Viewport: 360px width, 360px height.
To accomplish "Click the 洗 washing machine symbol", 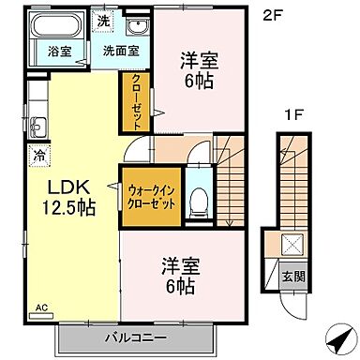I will (x=104, y=21).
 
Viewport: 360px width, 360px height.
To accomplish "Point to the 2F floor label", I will (x=271, y=14).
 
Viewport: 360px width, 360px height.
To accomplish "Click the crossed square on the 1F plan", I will (x=292, y=246).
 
